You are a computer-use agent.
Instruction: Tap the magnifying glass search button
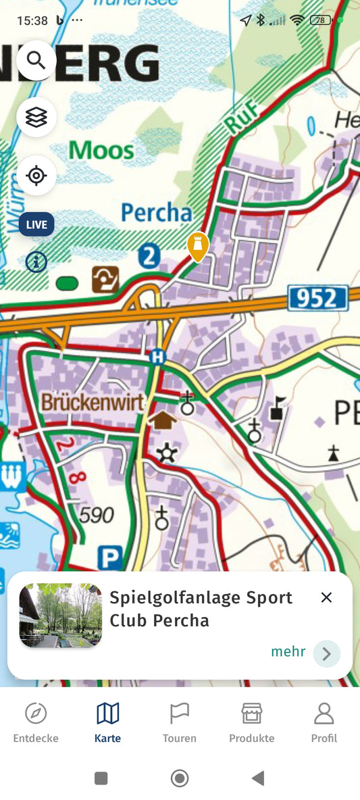tap(36, 61)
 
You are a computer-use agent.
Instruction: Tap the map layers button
tap(36, 118)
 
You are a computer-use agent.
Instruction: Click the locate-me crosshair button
tap(36, 176)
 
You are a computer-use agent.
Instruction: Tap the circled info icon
tap(36, 261)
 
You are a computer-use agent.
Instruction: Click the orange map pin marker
tap(197, 246)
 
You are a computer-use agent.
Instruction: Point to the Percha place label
tap(156, 213)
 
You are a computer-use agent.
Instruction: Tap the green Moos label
tap(101, 149)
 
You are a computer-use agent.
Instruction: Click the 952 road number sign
tap(317, 298)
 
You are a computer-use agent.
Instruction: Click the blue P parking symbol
tap(110, 558)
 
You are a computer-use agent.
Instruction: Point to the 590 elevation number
tap(97, 516)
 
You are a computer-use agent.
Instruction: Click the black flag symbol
tap(277, 409)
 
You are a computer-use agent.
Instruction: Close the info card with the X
tap(326, 597)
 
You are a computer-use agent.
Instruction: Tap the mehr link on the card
tap(288, 652)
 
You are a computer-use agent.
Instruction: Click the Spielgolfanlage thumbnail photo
tap(61, 616)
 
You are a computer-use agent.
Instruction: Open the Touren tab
tap(179, 722)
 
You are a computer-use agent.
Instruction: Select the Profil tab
tap(324, 722)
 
